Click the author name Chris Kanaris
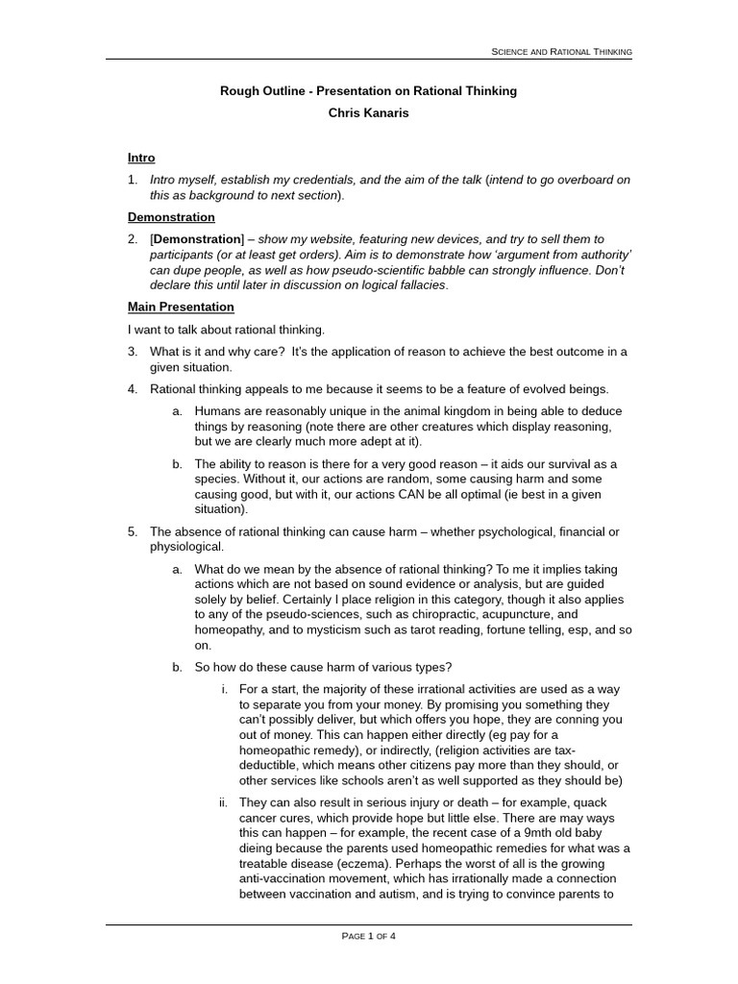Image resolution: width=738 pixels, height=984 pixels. [x=369, y=113]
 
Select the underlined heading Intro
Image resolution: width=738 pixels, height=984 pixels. [x=141, y=158]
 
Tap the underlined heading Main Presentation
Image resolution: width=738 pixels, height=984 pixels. [x=181, y=307]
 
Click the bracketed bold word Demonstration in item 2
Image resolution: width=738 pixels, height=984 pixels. [x=197, y=238]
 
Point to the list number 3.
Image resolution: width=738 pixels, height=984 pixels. [x=133, y=352]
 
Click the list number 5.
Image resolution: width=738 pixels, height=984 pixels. [x=133, y=531]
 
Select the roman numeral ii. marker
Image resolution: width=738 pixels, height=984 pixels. [x=223, y=802]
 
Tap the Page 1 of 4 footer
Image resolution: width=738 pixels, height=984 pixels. [x=369, y=936]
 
